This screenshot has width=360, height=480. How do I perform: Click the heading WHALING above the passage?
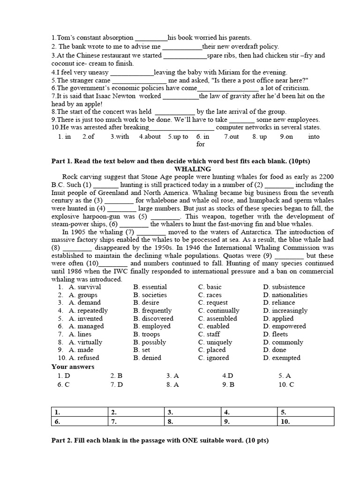point(193,169)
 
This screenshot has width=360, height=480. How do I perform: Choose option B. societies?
point(150,295)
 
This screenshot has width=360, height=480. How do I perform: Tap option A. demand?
point(84,303)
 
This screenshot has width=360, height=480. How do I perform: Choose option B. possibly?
point(150,342)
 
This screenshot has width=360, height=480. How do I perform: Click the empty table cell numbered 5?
point(305,412)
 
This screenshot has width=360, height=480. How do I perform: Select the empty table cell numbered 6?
point(79,422)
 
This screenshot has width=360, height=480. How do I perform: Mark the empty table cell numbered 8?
point(192,422)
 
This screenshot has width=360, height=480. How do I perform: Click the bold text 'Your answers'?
point(73,367)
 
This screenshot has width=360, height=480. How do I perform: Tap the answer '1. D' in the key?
point(64,375)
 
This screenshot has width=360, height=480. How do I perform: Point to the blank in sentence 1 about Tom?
point(151,38)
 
